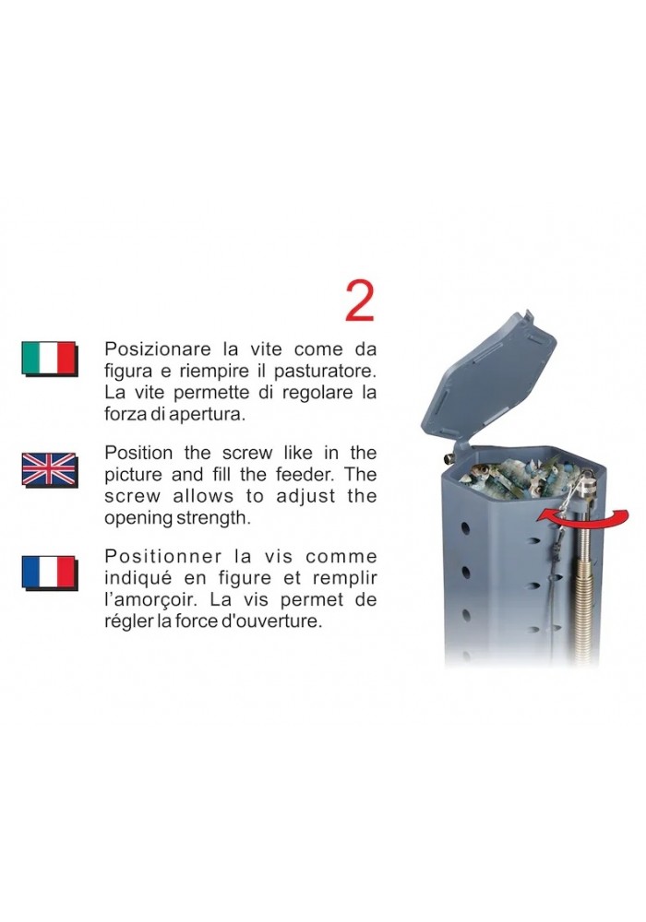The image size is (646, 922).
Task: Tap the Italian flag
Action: [50, 358]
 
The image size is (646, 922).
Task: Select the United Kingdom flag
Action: [50, 469]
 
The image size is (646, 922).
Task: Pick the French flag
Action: [50, 573]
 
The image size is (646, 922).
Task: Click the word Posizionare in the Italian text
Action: [158, 349]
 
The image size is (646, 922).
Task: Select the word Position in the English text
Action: [138, 453]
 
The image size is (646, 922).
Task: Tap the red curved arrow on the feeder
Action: [582, 518]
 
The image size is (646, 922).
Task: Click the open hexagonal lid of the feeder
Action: [489, 375]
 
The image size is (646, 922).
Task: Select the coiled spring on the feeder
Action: [587, 594]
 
